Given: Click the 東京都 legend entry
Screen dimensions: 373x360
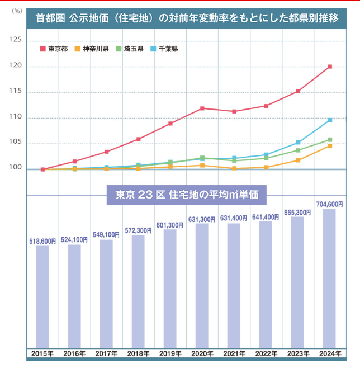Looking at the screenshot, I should (54, 49).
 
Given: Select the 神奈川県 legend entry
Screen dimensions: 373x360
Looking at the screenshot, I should (92, 49).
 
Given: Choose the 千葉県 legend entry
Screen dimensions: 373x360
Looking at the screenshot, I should (165, 49).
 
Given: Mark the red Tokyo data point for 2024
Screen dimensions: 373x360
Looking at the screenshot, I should (330, 67).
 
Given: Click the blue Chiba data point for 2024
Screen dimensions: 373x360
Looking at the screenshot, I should (330, 120).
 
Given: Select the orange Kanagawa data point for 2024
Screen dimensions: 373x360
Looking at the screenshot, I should (330, 145).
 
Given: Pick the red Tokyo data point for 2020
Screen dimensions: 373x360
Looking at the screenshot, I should (202, 108).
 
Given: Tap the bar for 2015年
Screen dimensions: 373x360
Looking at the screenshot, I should (42, 296).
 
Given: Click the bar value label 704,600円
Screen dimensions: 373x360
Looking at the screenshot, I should (329, 204).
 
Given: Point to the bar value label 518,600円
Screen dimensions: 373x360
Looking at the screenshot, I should (42, 241).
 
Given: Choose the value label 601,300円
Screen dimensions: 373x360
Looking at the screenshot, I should (170, 225).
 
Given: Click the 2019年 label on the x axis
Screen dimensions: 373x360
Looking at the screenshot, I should (170, 354).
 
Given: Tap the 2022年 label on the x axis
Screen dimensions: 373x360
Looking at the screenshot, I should (266, 354).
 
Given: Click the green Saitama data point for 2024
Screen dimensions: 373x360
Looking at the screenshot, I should (330, 140).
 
